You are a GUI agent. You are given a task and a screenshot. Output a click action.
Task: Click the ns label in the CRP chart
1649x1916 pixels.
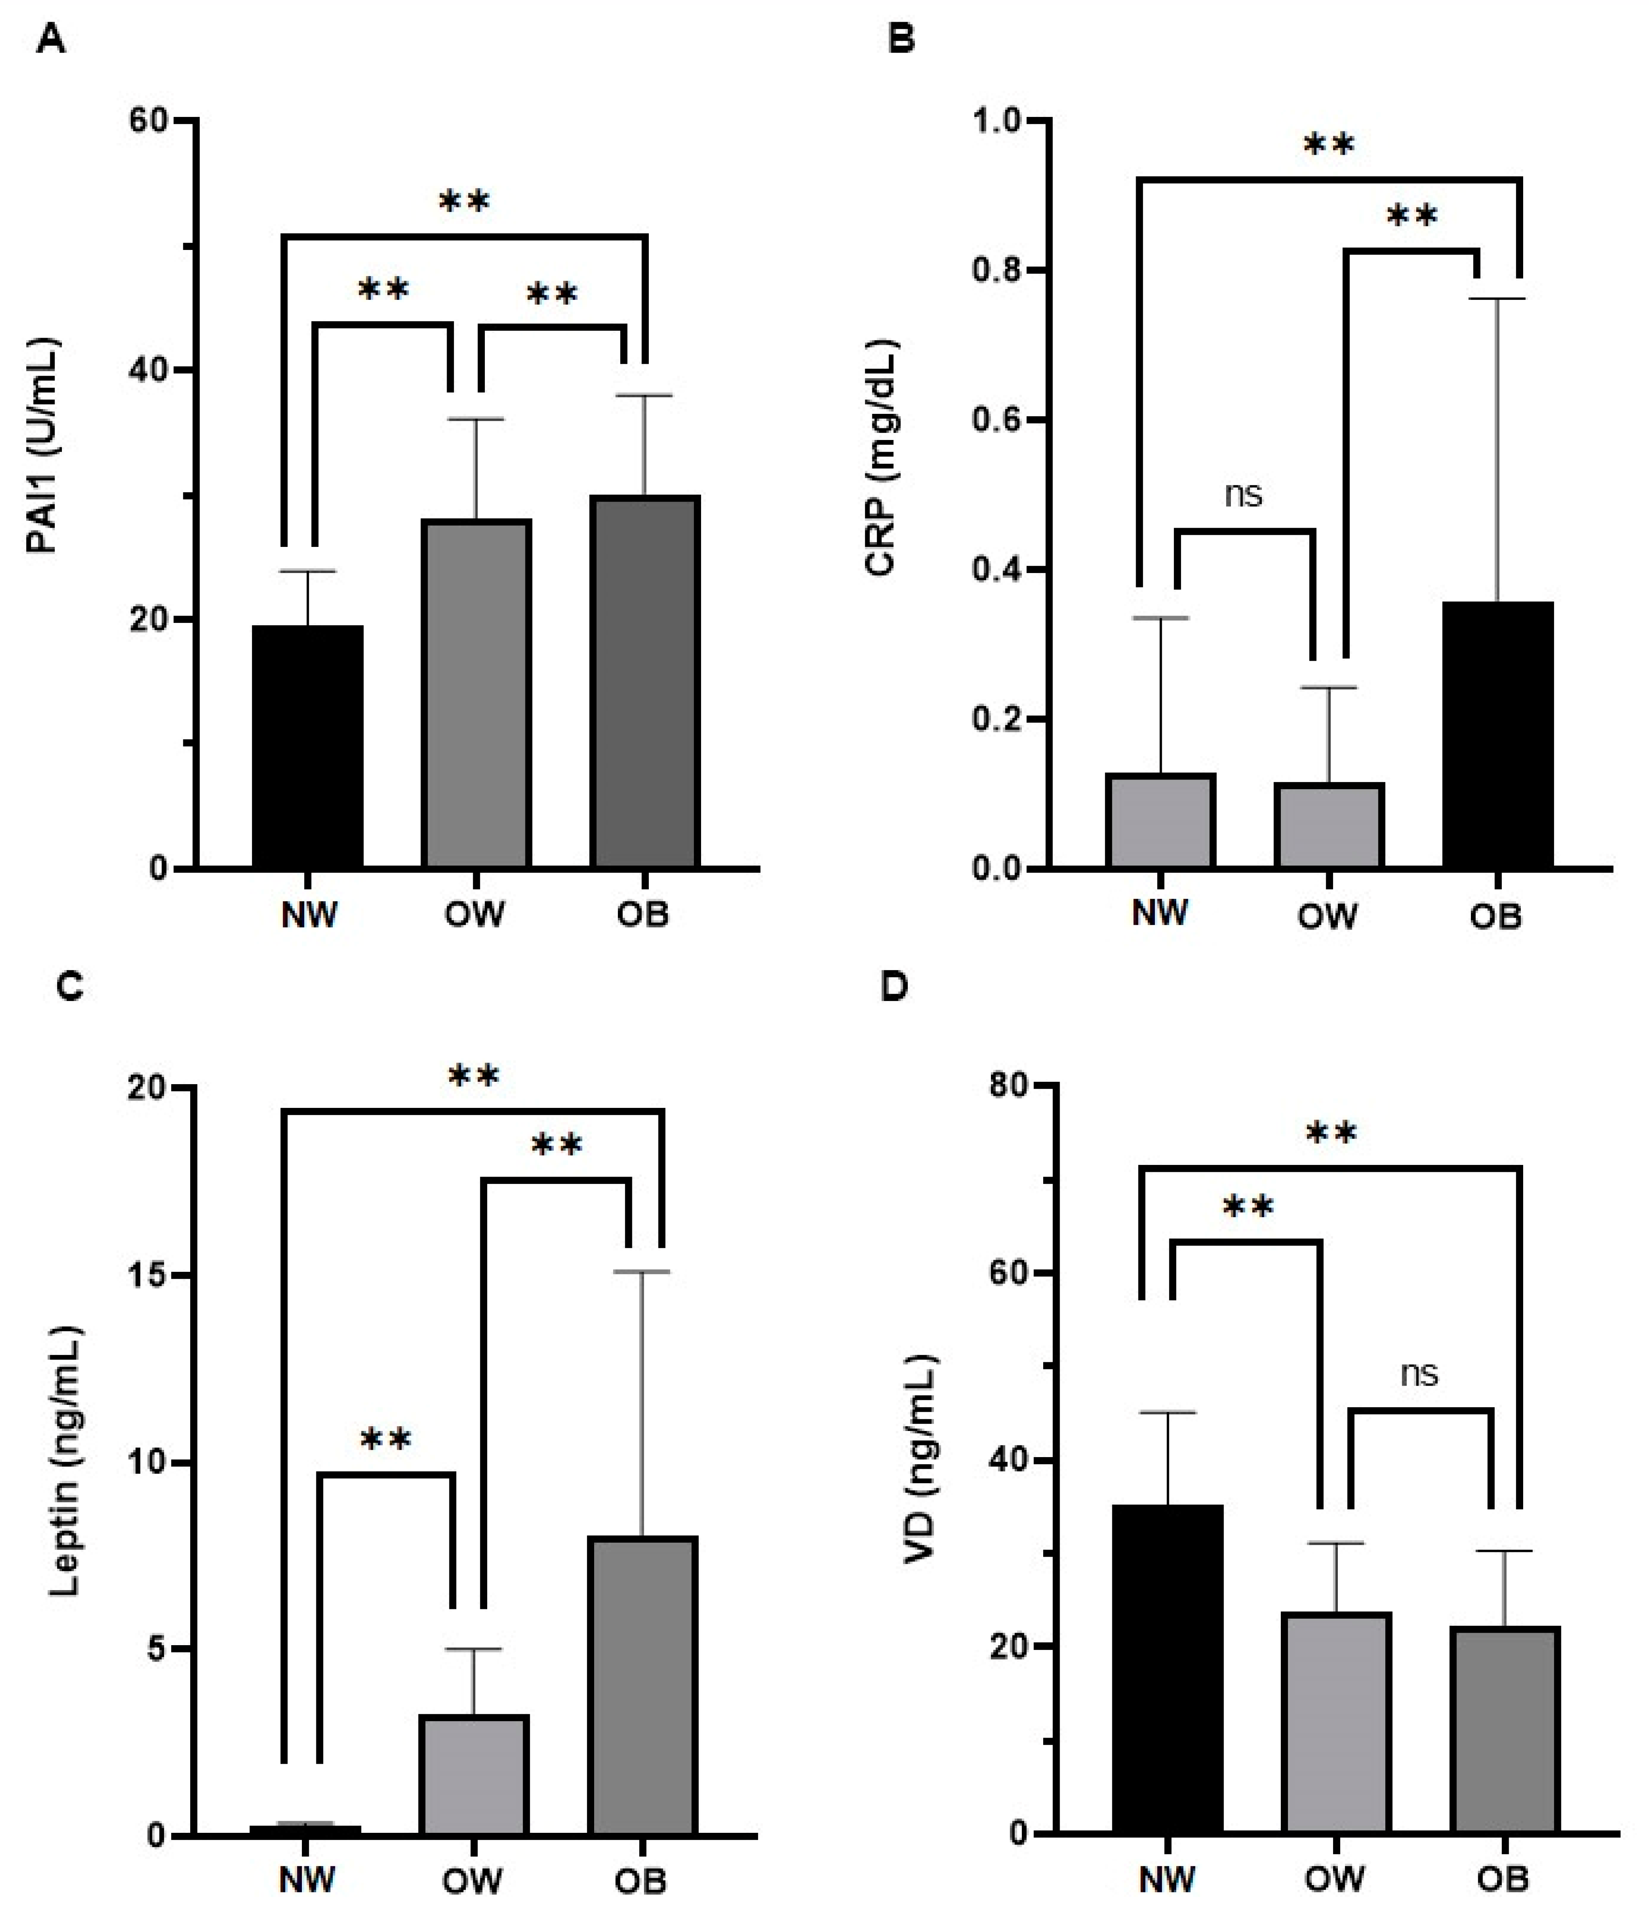click(1243, 495)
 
